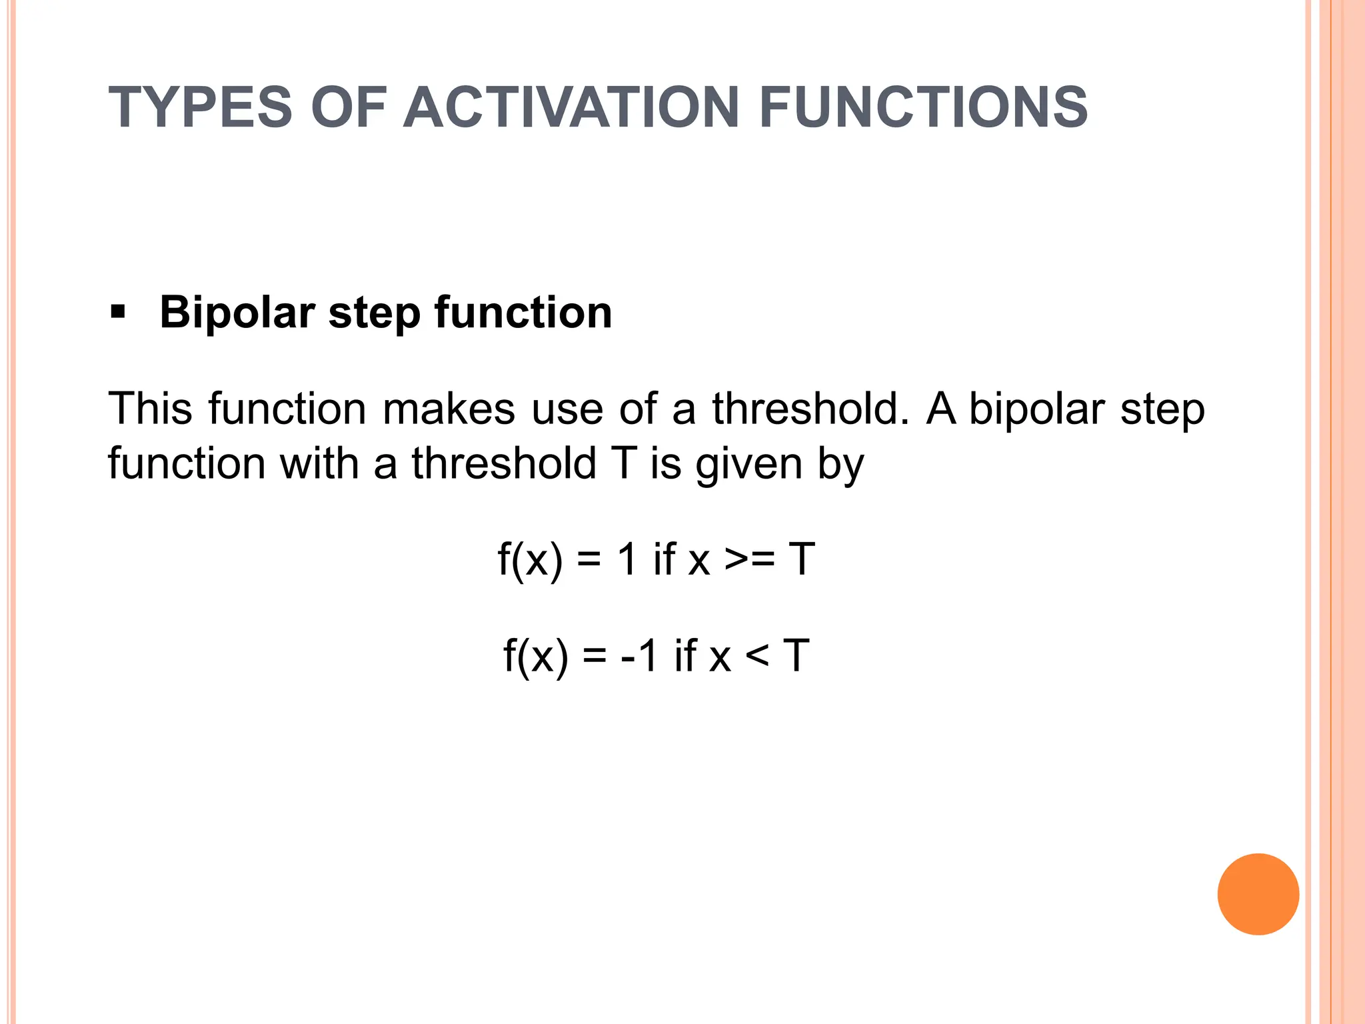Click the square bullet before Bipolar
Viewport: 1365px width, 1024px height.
tap(118, 312)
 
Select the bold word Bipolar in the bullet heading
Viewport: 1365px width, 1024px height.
tap(237, 313)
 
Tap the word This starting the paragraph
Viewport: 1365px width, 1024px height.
tap(151, 408)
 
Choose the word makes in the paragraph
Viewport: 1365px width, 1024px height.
tap(449, 408)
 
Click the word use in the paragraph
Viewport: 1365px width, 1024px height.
tap(567, 409)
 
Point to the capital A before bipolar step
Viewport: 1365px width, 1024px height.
tap(941, 408)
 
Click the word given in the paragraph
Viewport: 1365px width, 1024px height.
tap(749, 465)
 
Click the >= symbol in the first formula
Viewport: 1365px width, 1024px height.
tap(750, 559)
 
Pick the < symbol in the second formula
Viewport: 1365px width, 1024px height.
tap(756, 656)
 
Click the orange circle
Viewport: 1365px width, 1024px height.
tap(1258, 894)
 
